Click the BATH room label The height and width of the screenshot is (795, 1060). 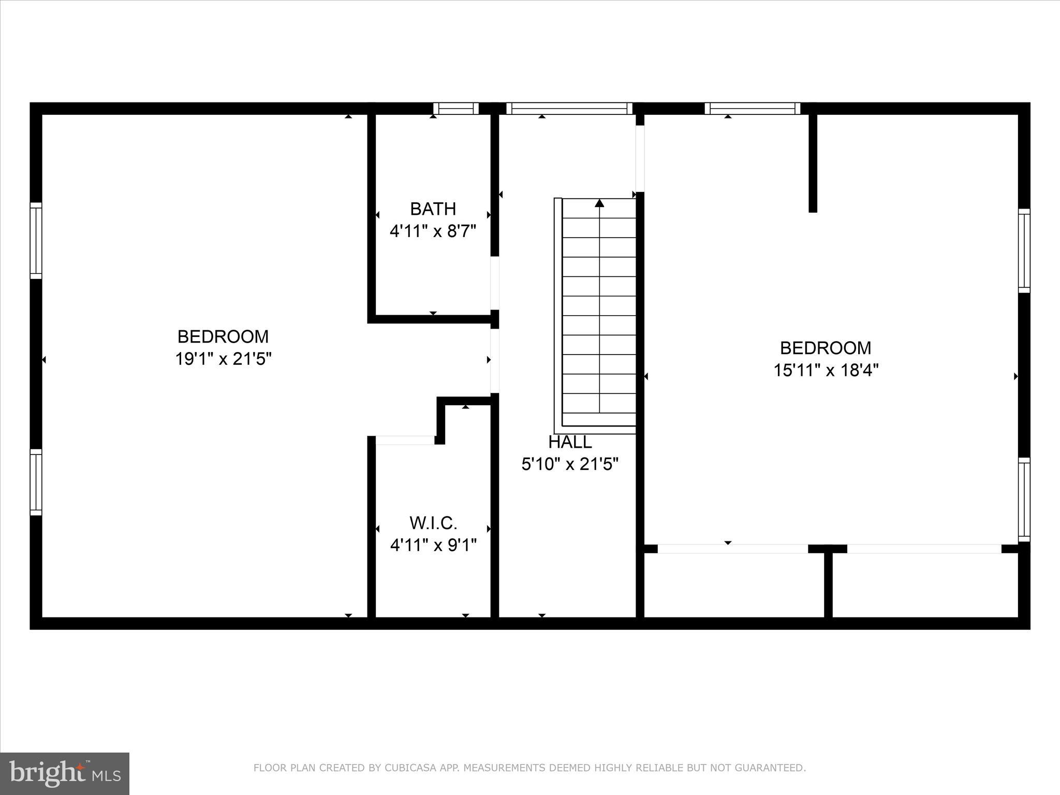tap(433, 209)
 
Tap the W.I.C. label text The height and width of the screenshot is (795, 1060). tap(433, 523)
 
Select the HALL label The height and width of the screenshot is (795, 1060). tap(570, 442)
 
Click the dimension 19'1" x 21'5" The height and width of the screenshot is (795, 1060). tap(223, 359)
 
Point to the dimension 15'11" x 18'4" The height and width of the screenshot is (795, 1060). tap(826, 371)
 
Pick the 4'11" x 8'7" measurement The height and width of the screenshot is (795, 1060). tap(433, 231)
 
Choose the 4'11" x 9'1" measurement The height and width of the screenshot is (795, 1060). tap(433, 545)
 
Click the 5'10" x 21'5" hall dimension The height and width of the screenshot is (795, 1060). tap(570, 464)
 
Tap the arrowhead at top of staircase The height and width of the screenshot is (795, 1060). tap(599, 203)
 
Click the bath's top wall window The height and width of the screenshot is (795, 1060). tap(456, 109)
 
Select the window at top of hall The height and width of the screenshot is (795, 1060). tap(569, 109)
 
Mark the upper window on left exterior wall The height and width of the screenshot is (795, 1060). tap(36, 240)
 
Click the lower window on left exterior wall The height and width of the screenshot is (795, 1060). tap(36, 482)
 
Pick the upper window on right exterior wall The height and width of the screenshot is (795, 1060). tap(1024, 251)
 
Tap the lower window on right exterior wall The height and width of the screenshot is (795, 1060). tap(1024, 499)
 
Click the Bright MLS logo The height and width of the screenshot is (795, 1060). tap(65, 773)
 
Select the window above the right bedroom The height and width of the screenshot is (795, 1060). tap(752, 109)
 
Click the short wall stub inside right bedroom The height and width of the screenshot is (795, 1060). tap(813, 163)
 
